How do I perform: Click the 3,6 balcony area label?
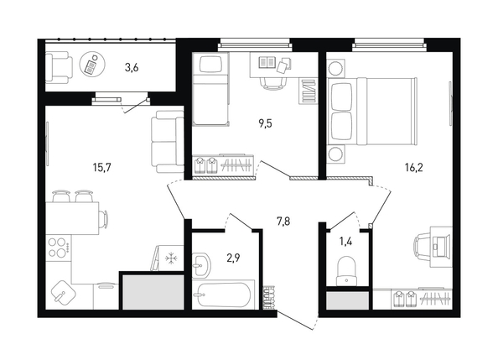pyautogui.click(x=132, y=68)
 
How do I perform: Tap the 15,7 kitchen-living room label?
pyautogui.click(x=101, y=167)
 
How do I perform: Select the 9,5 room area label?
pyautogui.click(x=265, y=123)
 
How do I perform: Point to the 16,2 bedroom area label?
pyautogui.click(x=414, y=167)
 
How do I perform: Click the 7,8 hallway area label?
pyautogui.click(x=283, y=221)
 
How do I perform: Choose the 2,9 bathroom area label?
pyautogui.click(x=233, y=258)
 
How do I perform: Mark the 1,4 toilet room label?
pyautogui.click(x=346, y=242)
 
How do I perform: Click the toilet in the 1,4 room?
pyautogui.click(x=346, y=271)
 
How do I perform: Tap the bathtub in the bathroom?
pyautogui.click(x=223, y=295)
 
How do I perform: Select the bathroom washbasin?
pyautogui.click(x=200, y=265)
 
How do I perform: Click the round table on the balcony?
pyautogui.click(x=92, y=65)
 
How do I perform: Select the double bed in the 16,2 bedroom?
pyautogui.click(x=372, y=111)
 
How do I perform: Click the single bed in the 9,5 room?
pyautogui.click(x=211, y=89)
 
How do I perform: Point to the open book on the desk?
pyautogui.click(x=266, y=62)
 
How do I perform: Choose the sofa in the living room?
pyautogui.click(x=168, y=142)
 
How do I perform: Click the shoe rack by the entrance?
pyautogui.click(x=269, y=297)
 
